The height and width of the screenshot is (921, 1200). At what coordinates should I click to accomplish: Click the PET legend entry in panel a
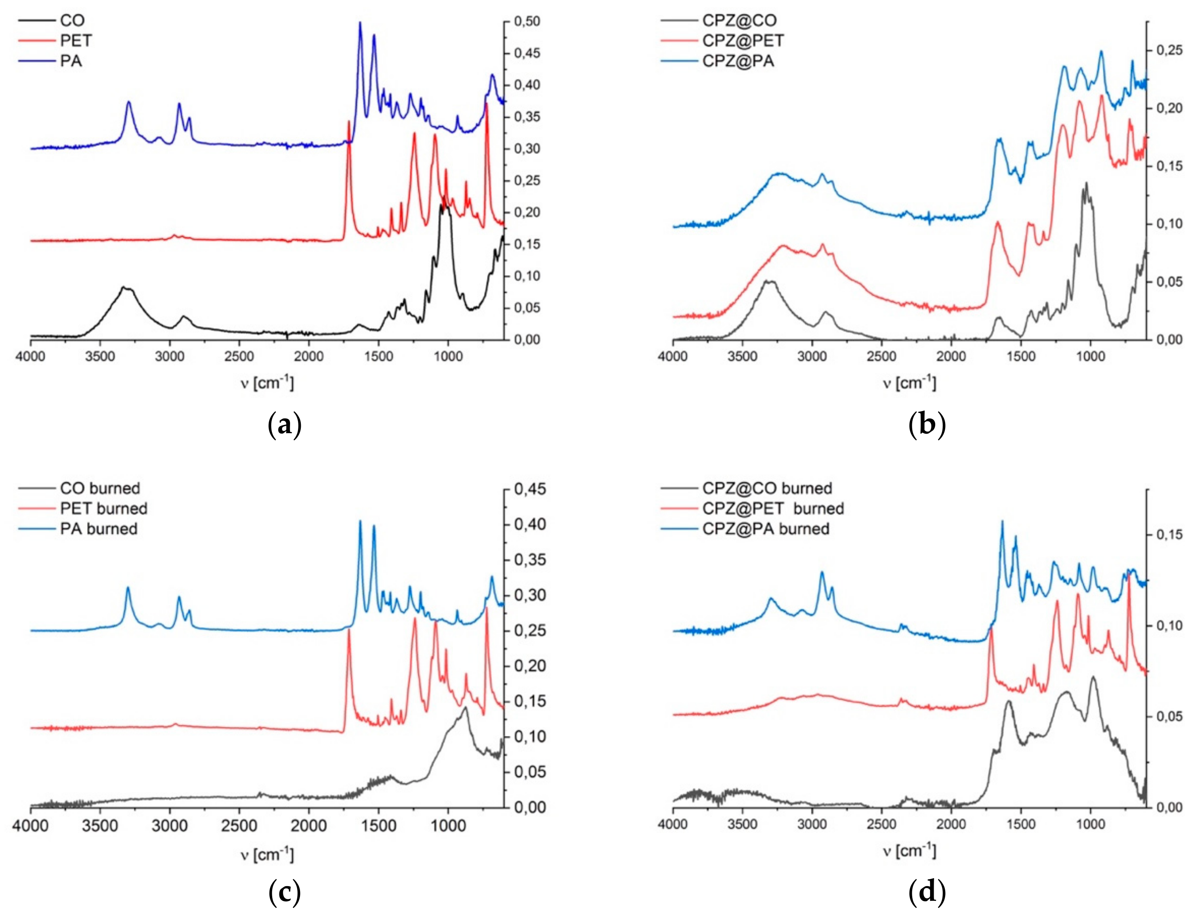point(76,40)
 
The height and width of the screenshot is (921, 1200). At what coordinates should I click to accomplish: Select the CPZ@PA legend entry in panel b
point(738,61)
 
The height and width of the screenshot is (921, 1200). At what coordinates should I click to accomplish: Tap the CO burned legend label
point(100,488)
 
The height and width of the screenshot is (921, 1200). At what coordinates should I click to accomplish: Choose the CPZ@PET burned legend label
point(772,508)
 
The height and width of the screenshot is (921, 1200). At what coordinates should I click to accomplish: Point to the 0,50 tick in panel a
point(526,22)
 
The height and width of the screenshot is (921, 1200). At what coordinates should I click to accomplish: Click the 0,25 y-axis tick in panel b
point(1168,50)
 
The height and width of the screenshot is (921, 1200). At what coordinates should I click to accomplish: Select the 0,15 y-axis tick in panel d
point(1168,535)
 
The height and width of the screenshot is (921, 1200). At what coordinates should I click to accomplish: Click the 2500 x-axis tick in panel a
point(239,356)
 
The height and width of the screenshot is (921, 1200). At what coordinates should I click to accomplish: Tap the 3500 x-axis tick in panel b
point(742,356)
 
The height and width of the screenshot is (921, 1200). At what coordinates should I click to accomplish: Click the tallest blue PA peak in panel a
point(360,23)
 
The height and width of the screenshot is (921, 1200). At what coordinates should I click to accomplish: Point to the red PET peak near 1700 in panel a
point(349,122)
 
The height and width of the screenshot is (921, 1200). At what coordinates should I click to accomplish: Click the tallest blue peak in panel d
point(1002,522)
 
